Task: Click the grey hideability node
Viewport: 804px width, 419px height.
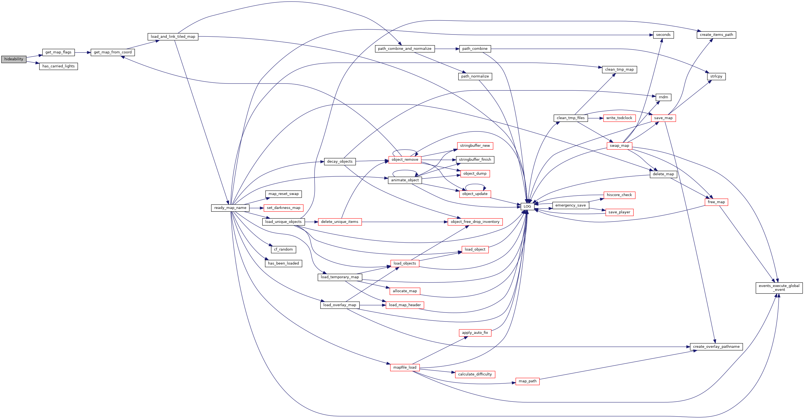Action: coord(14,59)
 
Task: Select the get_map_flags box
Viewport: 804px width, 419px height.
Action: coord(58,52)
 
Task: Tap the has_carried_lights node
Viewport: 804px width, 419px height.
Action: coord(58,66)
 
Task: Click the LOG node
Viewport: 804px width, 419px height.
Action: coord(527,206)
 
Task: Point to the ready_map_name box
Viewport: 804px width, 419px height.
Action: coord(230,208)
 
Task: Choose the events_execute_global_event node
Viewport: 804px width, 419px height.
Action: coord(779,288)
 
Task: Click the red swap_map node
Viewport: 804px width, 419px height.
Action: coord(619,146)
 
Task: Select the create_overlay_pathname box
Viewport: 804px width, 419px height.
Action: coord(716,346)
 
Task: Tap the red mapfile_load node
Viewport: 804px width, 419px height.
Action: coord(405,368)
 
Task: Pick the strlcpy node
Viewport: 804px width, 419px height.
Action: coord(716,76)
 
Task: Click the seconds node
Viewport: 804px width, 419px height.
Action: coord(663,35)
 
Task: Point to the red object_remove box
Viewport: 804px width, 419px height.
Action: coord(405,160)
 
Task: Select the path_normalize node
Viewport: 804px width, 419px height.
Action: coord(475,76)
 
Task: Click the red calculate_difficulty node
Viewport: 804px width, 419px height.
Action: coord(475,374)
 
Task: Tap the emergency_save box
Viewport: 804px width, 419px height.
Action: coord(570,205)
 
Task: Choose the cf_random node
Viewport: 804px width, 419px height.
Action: coord(283,249)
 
